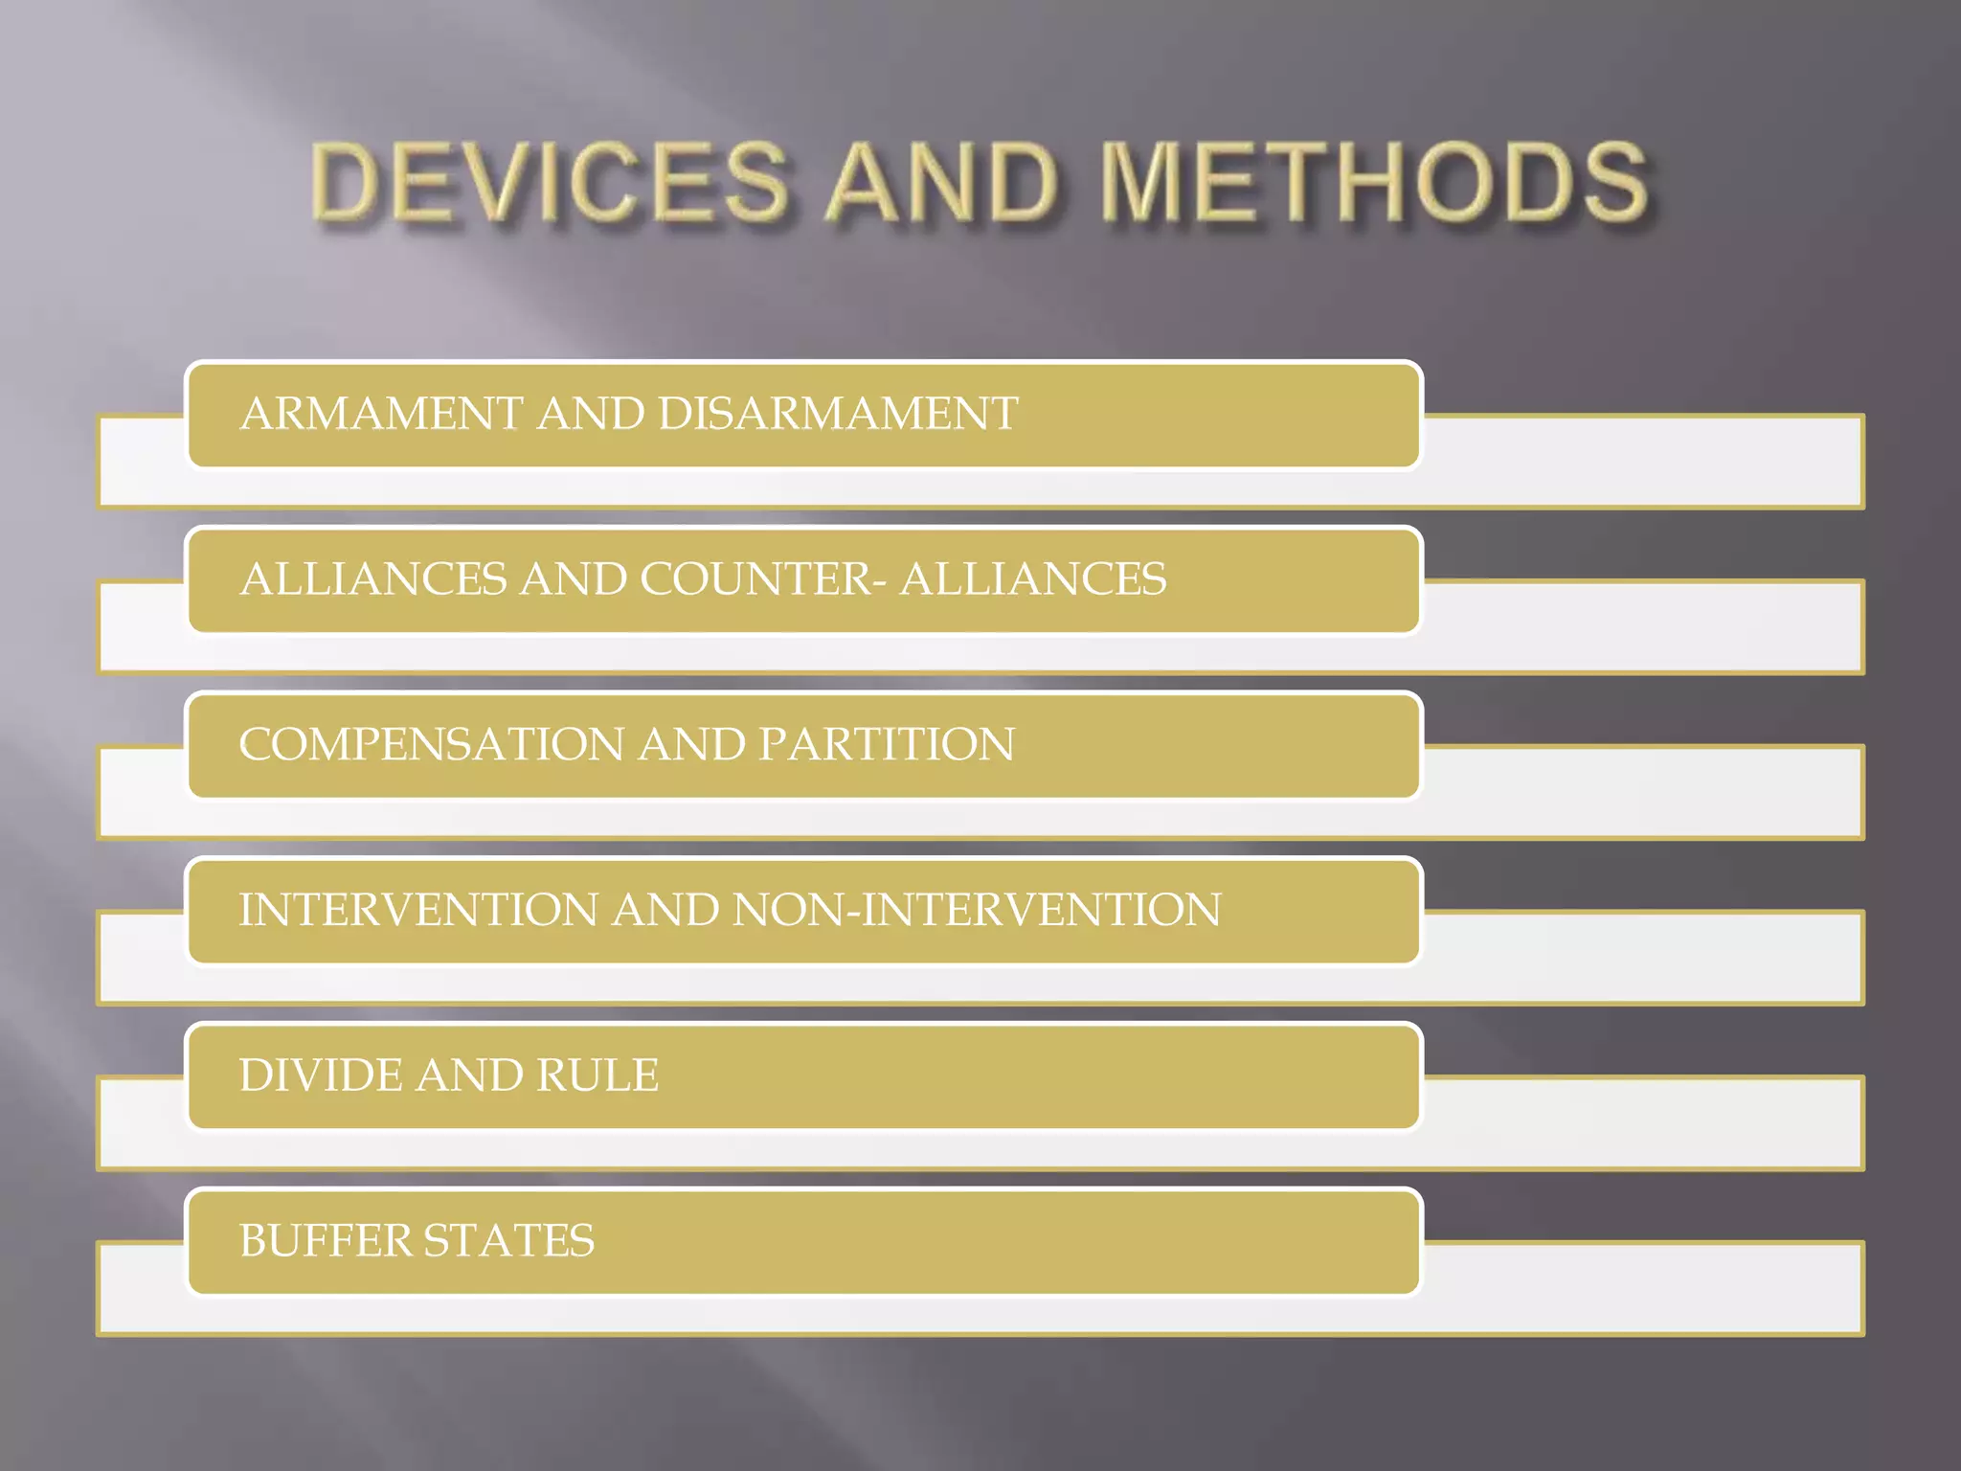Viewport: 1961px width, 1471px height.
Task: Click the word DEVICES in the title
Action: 551,182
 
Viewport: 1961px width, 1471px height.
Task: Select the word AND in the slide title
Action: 942,182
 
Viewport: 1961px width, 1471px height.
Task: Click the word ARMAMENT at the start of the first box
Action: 382,414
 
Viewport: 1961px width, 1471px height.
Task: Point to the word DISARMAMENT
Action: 838,414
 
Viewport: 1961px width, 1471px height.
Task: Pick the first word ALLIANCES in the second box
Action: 373,579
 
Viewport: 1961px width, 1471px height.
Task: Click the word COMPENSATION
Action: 432,744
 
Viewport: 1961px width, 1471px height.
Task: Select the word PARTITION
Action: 886,744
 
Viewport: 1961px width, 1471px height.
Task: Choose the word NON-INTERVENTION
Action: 977,910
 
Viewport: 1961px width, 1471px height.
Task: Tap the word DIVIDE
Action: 321,1075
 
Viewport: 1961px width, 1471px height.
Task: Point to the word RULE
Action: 597,1075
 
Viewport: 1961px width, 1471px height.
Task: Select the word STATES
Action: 508,1241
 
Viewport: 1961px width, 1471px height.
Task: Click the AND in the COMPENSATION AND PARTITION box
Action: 691,744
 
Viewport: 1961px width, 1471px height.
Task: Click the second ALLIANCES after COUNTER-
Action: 1033,579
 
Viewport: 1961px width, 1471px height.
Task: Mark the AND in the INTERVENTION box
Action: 665,910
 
